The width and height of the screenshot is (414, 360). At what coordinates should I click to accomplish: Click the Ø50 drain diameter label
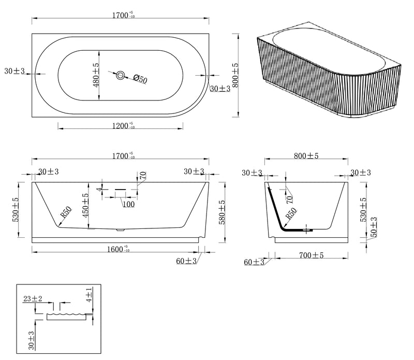click(140, 79)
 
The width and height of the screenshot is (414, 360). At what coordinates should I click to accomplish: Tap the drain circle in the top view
click(121, 75)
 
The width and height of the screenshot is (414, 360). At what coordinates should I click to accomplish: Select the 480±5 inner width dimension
click(96, 75)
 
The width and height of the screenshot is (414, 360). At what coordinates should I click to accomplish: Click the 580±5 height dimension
click(223, 212)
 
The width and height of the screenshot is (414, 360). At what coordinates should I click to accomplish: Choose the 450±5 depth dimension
click(85, 206)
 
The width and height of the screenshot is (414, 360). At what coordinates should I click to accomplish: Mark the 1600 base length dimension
click(119, 249)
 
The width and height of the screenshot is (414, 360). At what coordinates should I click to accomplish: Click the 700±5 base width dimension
click(312, 255)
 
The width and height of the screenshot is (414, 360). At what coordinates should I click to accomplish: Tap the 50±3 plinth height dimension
click(374, 227)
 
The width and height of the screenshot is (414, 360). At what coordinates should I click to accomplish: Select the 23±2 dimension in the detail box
click(33, 299)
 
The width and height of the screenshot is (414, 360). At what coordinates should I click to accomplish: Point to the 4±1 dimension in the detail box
click(89, 295)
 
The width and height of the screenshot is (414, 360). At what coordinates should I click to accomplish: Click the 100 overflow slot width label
click(129, 204)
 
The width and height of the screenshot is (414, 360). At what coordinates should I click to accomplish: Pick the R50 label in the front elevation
click(66, 212)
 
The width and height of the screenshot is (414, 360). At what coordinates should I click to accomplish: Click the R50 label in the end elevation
click(291, 213)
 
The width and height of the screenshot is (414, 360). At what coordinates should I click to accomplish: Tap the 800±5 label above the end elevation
click(306, 156)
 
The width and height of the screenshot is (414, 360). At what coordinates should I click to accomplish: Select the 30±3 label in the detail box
click(32, 340)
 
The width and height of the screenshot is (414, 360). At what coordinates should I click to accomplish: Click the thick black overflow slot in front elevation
click(121, 190)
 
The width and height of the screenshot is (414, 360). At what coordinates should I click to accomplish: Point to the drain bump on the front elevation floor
click(121, 229)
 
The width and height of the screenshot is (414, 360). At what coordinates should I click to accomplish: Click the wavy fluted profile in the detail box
click(67, 314)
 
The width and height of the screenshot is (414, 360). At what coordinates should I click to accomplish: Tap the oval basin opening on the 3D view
click(330, 49)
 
